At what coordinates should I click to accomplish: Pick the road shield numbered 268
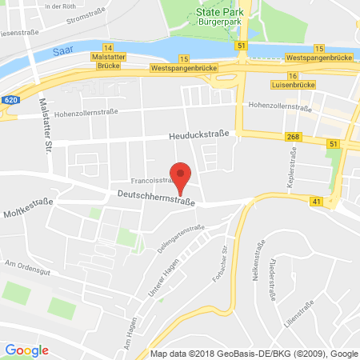click(x=292, y=138)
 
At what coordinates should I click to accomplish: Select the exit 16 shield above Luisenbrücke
click(x=293, y=75)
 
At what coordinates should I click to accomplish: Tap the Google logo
click(x=27, y=350)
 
